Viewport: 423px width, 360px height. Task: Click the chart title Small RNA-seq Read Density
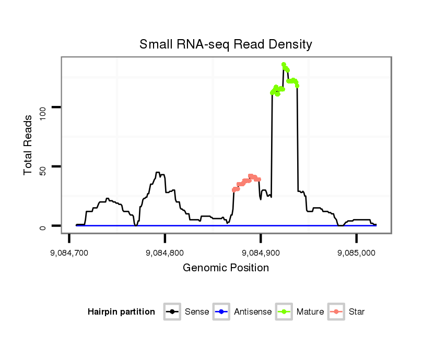226,44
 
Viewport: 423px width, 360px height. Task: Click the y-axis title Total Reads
29,145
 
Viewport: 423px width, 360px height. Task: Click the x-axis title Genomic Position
226,268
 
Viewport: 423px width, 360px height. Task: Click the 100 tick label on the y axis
44,107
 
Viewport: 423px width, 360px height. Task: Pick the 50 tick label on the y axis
44,166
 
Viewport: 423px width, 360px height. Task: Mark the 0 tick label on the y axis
44,226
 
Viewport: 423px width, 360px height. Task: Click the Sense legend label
197,312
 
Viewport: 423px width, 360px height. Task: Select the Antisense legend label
253,312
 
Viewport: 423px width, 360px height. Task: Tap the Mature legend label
310,312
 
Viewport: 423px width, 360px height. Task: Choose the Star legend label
357,312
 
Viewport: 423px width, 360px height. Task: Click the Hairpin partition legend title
121,312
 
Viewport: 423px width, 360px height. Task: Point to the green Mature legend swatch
284,312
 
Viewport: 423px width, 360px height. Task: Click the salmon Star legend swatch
336,312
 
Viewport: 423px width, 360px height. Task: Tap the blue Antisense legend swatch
221,312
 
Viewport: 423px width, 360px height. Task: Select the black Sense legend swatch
172,312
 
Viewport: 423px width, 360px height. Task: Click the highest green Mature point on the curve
284,65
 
